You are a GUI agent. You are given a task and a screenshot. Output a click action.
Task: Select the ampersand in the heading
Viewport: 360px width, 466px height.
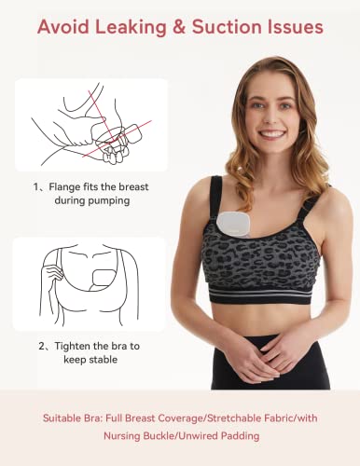(x=191, y=27)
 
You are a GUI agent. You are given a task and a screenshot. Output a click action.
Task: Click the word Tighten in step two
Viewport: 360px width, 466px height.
(x=74, y=345)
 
